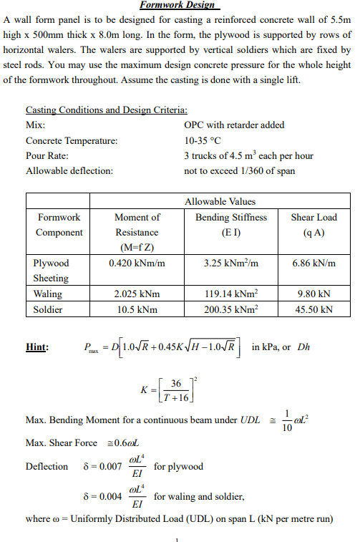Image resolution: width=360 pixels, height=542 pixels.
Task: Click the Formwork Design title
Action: (x=170, y=5)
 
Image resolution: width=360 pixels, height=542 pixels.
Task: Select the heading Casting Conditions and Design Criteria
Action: (x=107, y=110)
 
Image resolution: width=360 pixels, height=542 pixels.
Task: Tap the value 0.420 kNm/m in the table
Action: (x=137, y=263)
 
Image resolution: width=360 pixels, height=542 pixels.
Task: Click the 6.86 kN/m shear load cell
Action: (x=313, y=263)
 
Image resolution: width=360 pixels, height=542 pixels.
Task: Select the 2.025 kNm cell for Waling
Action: (x=137, y=294)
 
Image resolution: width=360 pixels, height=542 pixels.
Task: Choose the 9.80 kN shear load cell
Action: (x=313, y=294)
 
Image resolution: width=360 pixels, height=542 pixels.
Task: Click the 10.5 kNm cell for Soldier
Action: (x=137, y=309)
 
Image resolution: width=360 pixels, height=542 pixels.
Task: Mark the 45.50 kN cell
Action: (x=313, y=309)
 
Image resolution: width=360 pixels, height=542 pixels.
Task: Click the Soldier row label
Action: (x=48, y=309)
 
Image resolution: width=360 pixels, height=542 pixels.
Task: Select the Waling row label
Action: (x=48, y=294)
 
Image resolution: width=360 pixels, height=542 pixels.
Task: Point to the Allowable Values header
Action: (x=220, y=202)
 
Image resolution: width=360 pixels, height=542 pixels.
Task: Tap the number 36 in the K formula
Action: (x=175, y=383)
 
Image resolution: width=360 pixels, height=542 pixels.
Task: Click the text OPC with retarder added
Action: (x=234, y=125)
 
